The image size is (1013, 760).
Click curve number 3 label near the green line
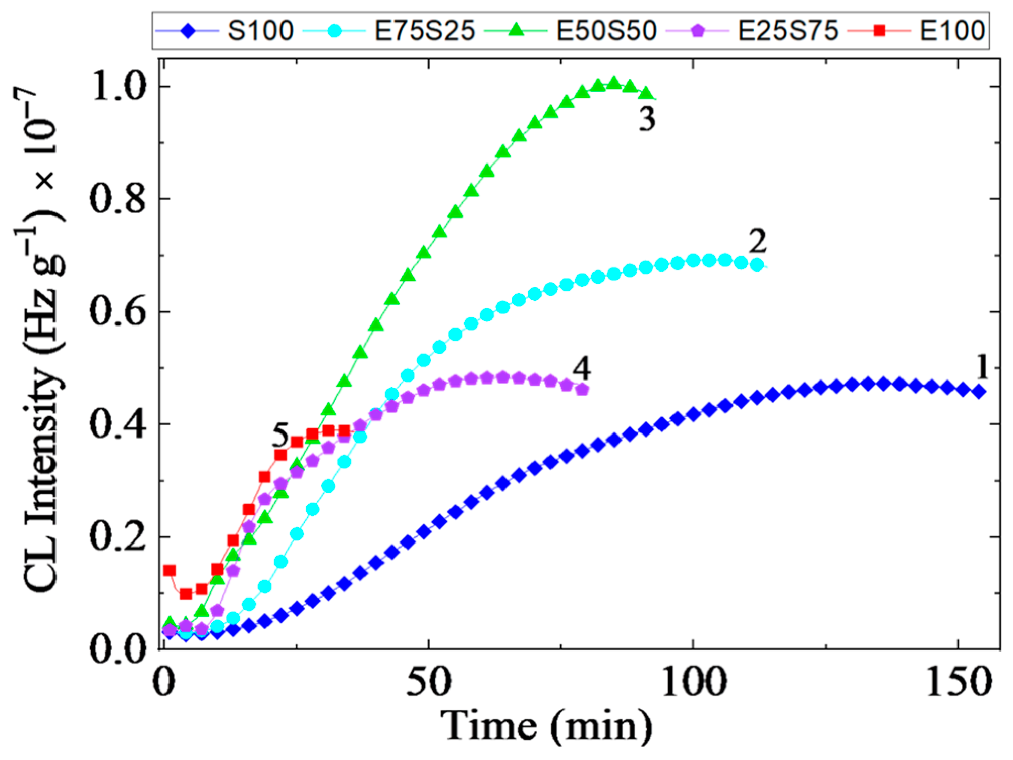tap(647, 119)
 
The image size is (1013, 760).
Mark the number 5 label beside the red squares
tap(280, 435)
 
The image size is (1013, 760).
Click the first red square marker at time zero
tap(170, 571)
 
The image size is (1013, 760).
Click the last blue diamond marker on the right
tap(979, 392)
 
